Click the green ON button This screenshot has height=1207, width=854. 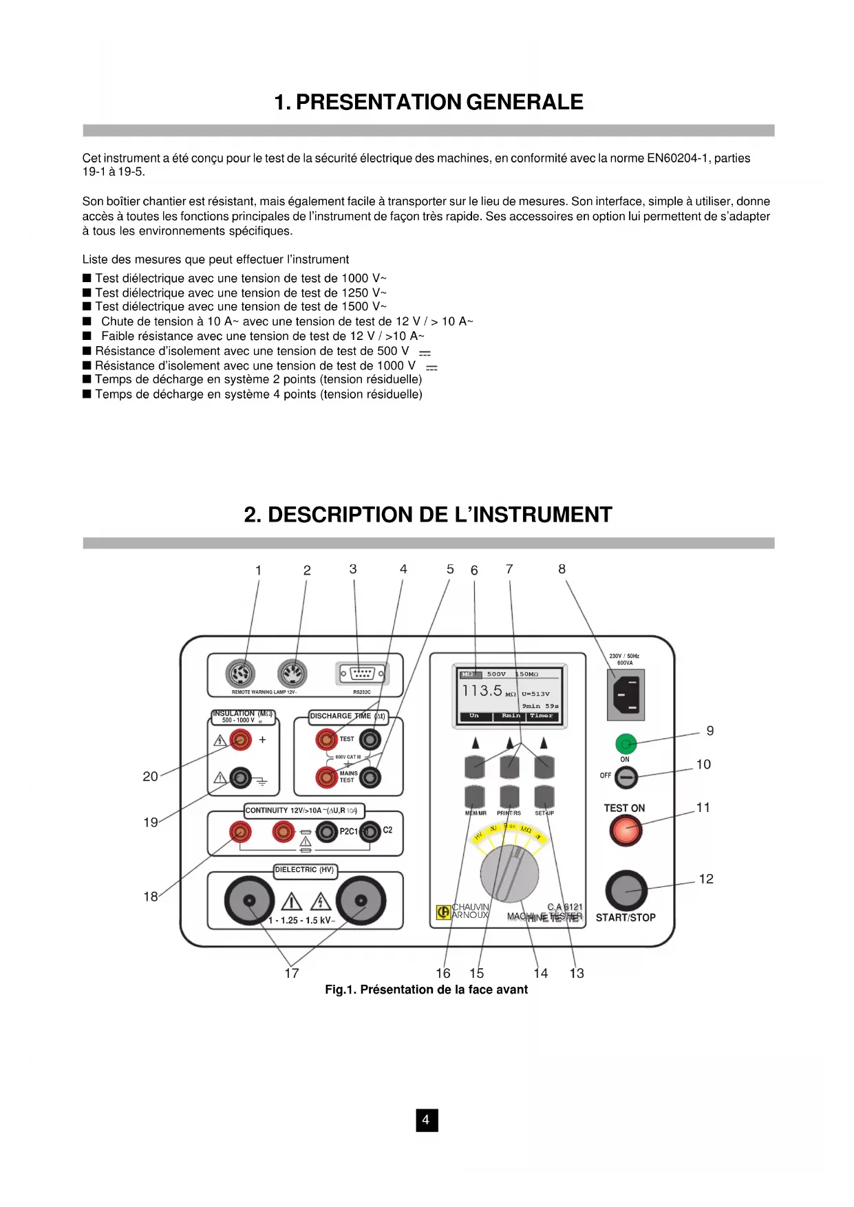click(x=626, y=744)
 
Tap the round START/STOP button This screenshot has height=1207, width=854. click(x=626, y=891)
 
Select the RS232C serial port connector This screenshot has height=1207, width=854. click(x=362, y=673)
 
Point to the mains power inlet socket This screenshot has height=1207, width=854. click(x=626, y=694)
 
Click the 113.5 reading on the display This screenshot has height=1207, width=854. click(x=482, y=690)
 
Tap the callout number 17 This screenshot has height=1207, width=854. click(x=292, y=973)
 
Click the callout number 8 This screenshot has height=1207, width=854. click(x=562, y=569)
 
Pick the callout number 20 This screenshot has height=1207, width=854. click(x=150, y=776)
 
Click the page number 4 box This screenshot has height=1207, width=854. click(x=427, y=1120)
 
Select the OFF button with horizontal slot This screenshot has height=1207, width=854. click(x=626, y=778)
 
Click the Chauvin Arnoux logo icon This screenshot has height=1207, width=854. click(x=443, y=912)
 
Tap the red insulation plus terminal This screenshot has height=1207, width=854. click(x=240, y=740)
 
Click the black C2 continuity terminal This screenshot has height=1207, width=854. click(x=370, y=831)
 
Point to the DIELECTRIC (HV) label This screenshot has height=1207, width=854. click(x=305, y=870)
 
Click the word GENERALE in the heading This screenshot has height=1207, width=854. click(x=524, y=102)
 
